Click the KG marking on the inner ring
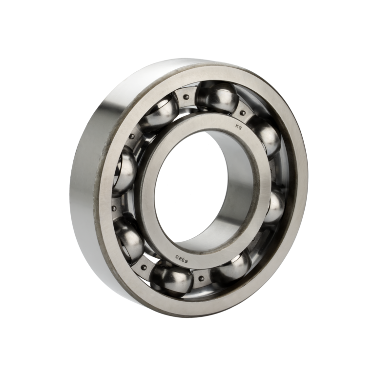coord(239,127)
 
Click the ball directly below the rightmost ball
coord(232,268)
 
